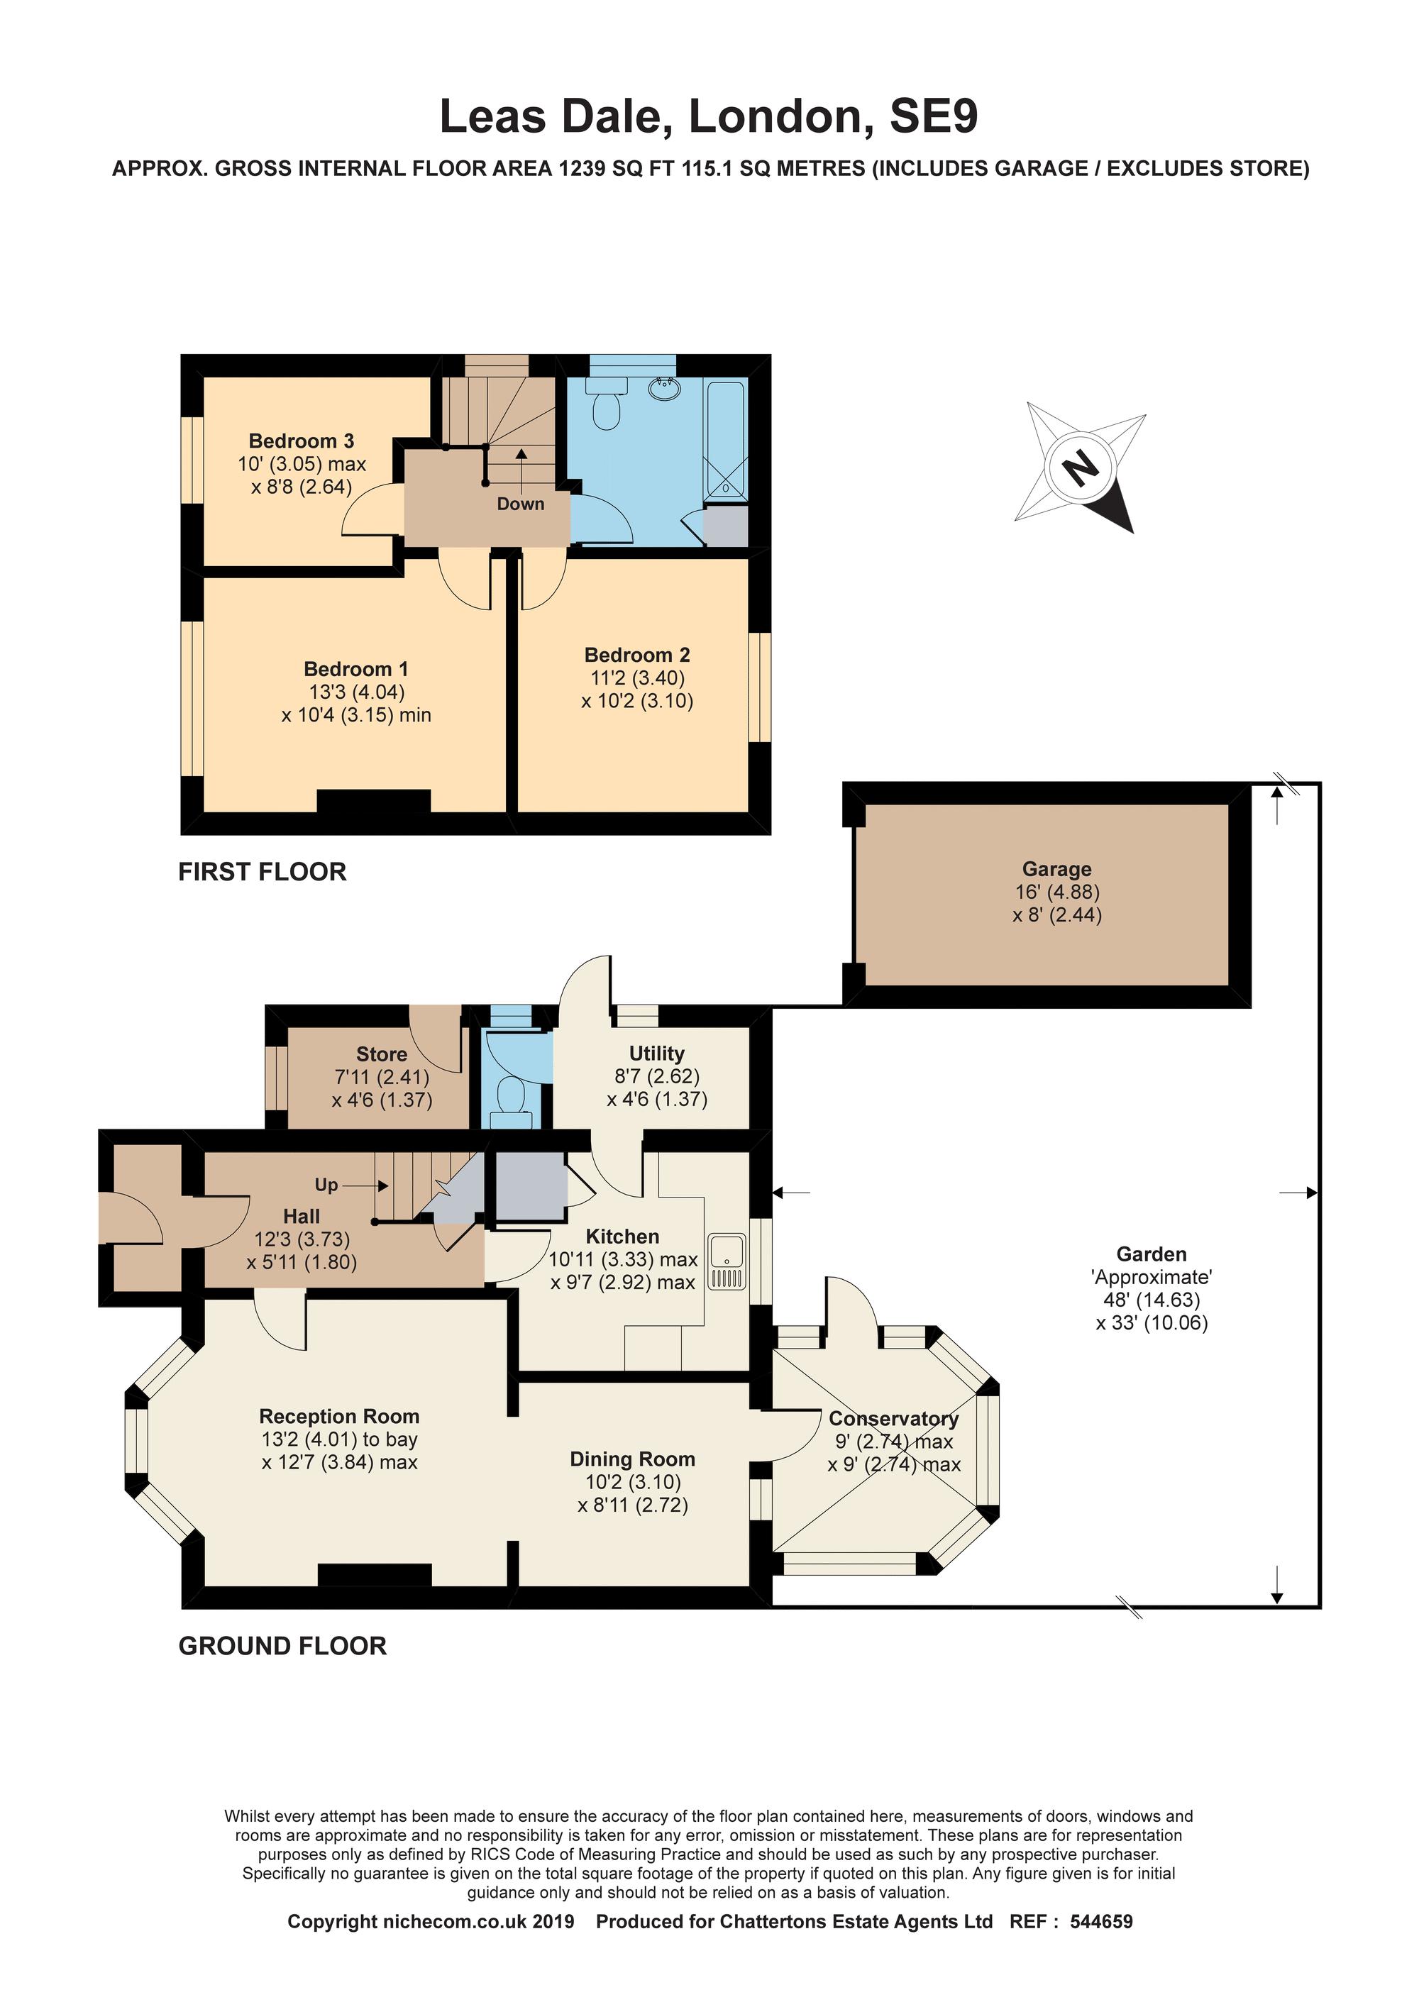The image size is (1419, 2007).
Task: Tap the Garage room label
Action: (x=1057, y=869)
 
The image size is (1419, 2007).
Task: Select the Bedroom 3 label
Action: (x=301, y=441)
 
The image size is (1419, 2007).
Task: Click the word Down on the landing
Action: (x=520, y=504)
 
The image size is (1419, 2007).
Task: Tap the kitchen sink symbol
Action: (x=727, y=1262)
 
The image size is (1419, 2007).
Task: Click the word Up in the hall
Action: (x=326, y=1185)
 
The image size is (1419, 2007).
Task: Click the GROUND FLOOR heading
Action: (x=282, y=1646)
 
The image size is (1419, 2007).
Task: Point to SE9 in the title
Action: (x=933, y=116)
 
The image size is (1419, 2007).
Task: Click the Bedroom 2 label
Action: (x=636, y=655)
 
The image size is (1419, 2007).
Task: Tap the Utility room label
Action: (x=656, y=1054)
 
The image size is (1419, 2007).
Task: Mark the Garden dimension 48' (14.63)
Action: (x=1152, y=1300)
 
